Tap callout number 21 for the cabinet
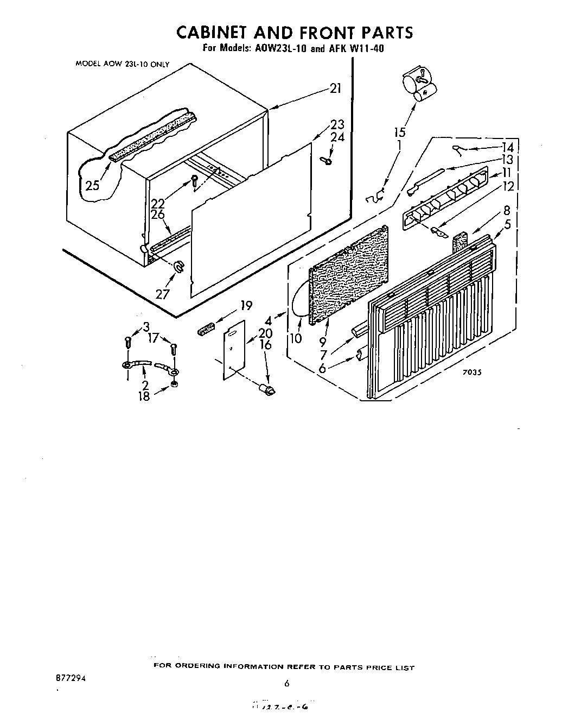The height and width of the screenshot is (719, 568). click(336, 89)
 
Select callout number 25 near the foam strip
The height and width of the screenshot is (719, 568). click(93, 185)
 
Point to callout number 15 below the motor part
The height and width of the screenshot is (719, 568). click(399, 132)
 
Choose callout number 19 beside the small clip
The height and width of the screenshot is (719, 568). click(246, 305)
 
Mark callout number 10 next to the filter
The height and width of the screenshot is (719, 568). click(295, 338)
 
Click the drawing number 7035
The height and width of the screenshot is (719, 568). click(473, 373)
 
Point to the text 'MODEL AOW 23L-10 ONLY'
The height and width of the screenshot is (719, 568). click(122, 64)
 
